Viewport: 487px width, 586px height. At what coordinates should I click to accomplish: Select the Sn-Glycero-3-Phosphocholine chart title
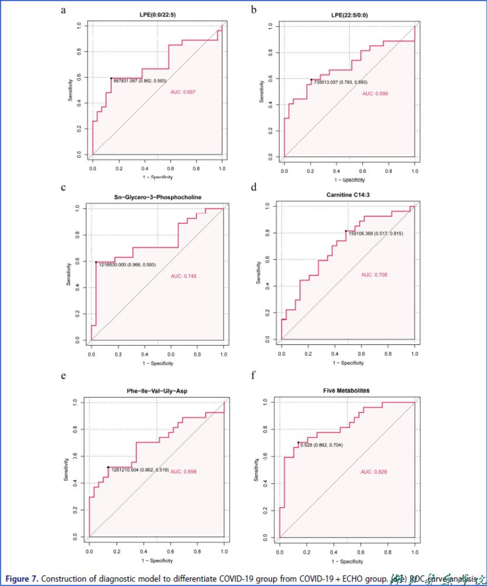157,197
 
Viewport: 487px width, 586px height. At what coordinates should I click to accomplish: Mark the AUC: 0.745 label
183,275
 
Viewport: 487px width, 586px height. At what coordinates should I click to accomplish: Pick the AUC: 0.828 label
374,471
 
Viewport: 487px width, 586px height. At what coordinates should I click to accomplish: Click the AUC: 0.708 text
374,274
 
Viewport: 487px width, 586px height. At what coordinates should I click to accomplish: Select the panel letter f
253,374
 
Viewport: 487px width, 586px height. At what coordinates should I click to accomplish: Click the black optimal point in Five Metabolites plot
298,442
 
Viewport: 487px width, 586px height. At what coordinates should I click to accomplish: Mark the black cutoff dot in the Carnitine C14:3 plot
346,231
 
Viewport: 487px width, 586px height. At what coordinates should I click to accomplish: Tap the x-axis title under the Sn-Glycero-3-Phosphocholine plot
157,363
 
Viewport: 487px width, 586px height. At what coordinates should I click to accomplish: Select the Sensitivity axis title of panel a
70,90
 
